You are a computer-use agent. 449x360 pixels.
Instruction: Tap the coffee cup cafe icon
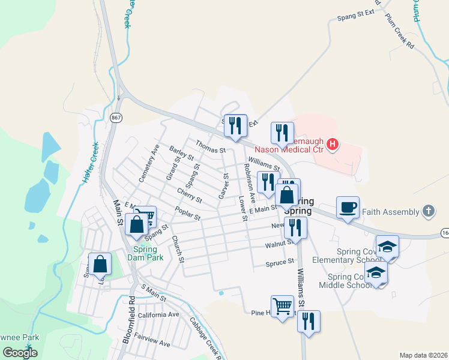tap(348, 208)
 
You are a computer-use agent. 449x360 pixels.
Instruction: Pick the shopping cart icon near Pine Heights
tap(282, 305)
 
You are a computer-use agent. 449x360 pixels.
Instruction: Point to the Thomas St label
tap(209, 145)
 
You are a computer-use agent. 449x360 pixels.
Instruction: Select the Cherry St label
tap(190, 194)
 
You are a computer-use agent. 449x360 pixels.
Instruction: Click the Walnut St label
tap(280, 244)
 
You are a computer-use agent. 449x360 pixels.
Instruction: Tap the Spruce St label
tap(280, 262)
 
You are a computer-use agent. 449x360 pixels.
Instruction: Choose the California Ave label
tap(158, 314)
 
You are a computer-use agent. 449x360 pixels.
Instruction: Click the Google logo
tap(20, 352)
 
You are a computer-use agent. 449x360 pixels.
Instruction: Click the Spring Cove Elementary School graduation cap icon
tap(387, 247)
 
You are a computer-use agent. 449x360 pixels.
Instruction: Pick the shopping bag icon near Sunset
tap(100, 264)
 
